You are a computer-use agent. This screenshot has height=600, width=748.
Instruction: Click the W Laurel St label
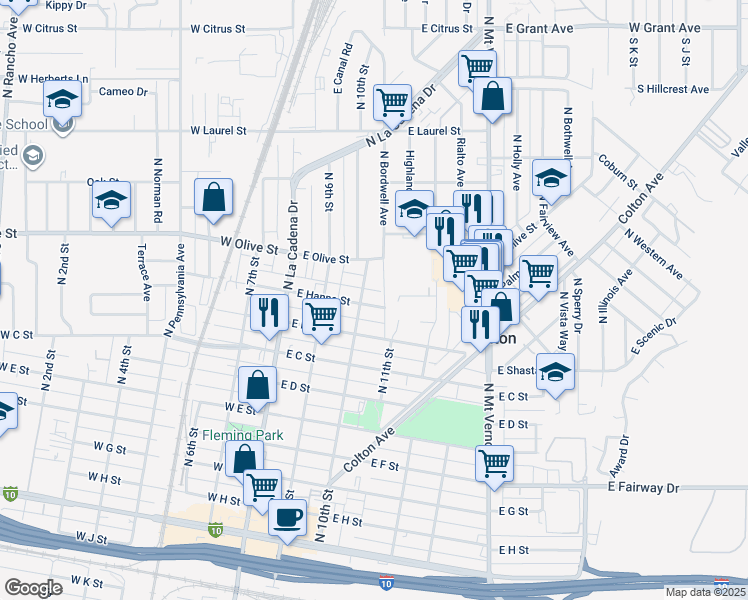pyautogui.click(x=219, y=131)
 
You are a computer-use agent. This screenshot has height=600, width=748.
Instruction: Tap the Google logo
pyautogui.click(x=33, y=588)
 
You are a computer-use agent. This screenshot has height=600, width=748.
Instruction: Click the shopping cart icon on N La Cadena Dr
pyautogui.click(x=393, y=101)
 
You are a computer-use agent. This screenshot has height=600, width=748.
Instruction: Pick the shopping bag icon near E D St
pyautogui.click(x=257, y=383)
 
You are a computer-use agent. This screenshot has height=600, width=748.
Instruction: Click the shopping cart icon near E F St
pyautogui.click(x=494, y=463)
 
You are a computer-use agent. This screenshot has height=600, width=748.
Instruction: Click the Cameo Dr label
pyautogui.click(x=123, y=92)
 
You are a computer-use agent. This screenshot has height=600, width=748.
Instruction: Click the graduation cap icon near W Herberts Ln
pyautogui.click(x=62, y=100)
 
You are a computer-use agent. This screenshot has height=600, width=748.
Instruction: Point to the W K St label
pyautogui.click(x=86, y=581)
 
